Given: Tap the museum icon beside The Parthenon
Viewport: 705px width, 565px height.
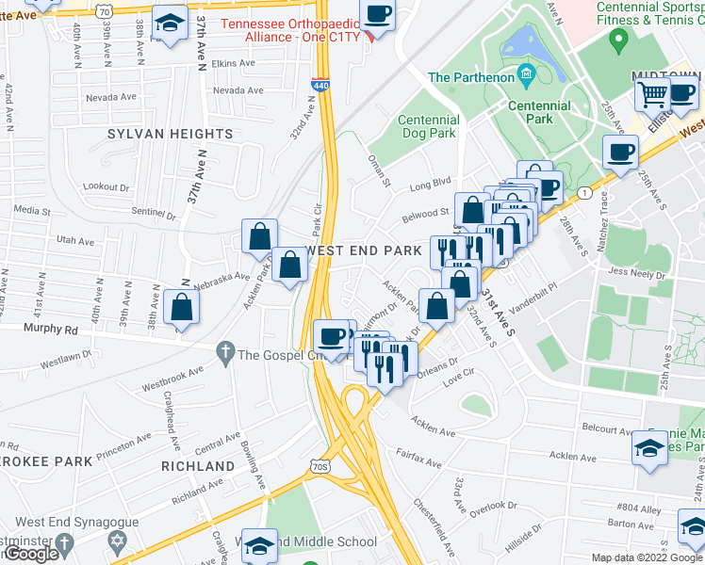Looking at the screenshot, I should point(527,73).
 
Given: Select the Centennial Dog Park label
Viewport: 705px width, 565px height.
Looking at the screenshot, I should point(429,127).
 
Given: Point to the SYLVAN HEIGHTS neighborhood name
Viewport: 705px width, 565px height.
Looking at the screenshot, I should point(170,135).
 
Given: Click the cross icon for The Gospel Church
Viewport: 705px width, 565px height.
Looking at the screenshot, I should point(224,354).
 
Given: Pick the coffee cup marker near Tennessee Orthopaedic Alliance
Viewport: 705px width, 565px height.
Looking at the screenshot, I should point(378,14).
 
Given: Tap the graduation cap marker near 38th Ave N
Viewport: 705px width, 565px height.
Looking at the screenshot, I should point(170,25).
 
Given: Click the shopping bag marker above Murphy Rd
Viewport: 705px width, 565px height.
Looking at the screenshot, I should point(181,308).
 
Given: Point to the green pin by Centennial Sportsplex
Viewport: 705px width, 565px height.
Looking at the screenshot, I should point(618,40).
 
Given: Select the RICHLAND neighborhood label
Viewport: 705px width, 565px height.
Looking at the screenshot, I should point(197,466).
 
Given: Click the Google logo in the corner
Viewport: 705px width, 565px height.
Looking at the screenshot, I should point(31,555).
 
